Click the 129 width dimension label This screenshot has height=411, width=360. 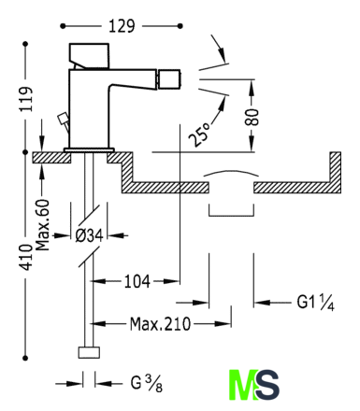coord(122,26)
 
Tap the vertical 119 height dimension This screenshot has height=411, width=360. coord(26,99)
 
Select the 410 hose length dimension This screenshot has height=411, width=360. coord(26,257)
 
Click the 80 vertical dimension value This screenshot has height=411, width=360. coord(252,117)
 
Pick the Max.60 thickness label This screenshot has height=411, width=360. coord(42,225)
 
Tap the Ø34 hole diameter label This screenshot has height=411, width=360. coord(89,235)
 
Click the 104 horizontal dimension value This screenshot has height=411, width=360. coord(137,281)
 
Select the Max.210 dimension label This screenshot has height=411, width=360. coord(160,324)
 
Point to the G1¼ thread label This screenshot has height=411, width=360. coord(315,302)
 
